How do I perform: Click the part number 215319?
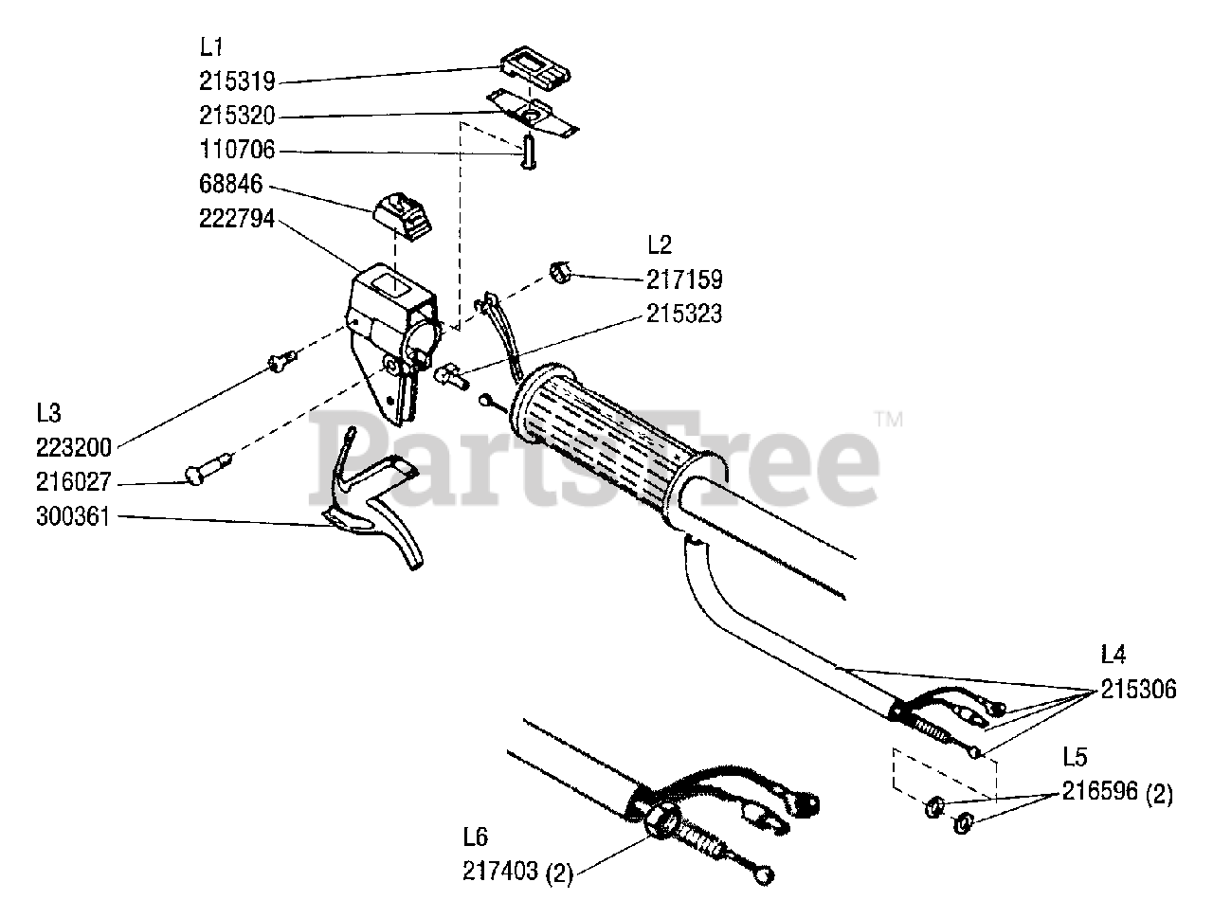tap(237, 81)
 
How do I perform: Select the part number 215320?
tap(237, 116)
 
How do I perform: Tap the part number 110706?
tap(237, 150)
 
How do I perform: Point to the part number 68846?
tap(230, 184)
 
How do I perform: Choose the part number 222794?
tap(237, 218)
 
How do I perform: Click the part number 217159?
tap(684, 279)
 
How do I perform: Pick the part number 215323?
tap(684, 314)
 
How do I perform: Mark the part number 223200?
tap(75, 447)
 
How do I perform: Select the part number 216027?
tap(75, 483)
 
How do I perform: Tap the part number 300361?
tap(75, 518)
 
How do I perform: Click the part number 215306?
tap(1138, 690)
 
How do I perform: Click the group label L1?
tap(211, 46)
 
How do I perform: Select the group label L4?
tap(1113, 655)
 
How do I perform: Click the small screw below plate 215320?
tap(527, 152)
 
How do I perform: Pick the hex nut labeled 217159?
tap(559, 273)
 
